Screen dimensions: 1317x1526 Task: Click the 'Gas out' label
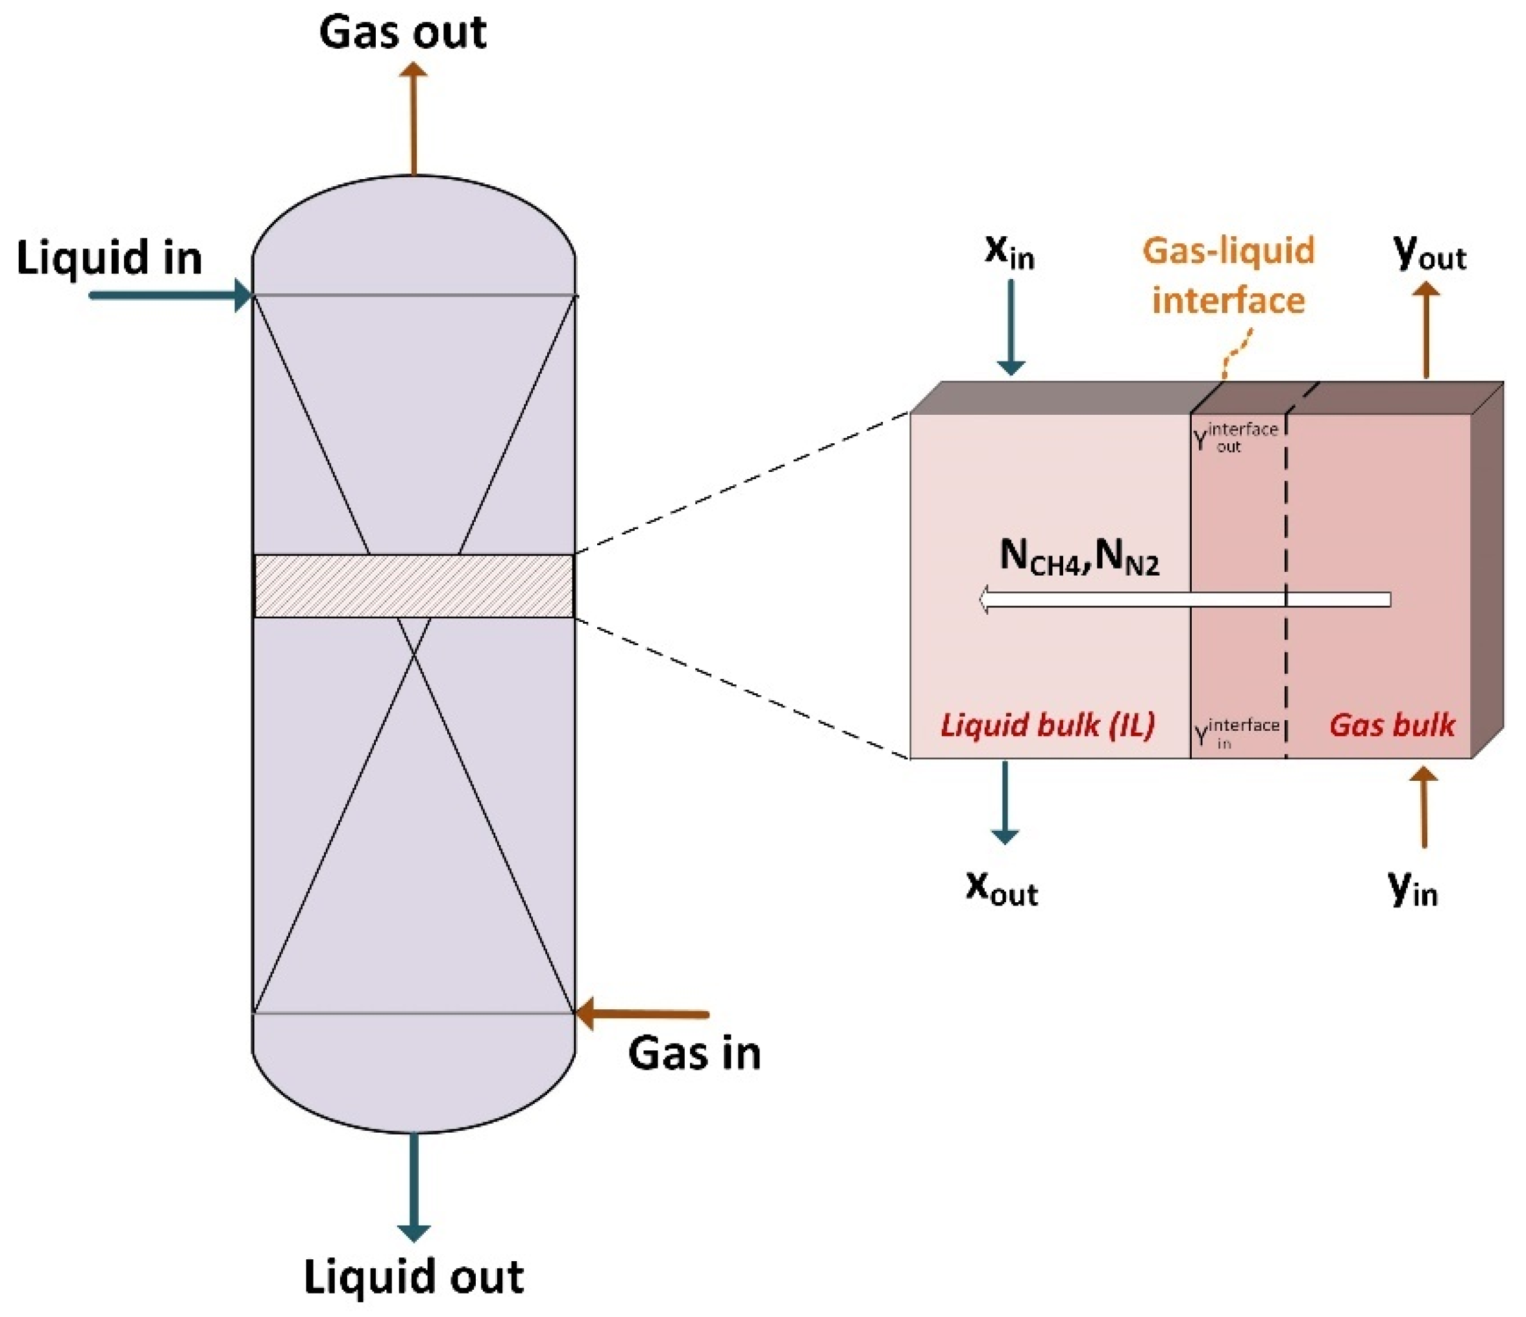tap(402, 33)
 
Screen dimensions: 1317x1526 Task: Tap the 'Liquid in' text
tap(109, 258)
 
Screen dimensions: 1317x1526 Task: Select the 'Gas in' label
tap(694, 1053)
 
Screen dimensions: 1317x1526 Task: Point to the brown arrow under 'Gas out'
tap(413, 118)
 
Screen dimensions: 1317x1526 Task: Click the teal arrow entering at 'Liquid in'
tap(169, 296)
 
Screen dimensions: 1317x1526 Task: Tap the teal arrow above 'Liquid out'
tap(414, 1186)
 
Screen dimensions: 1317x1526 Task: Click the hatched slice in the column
tap(413, 586)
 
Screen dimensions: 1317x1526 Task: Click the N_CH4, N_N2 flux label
tap(1079, 558)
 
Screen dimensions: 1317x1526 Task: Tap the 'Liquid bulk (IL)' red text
tap(1047, 726)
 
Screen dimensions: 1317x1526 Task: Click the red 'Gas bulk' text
tap(1391, 726)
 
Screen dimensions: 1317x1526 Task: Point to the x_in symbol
tap(1009, 252)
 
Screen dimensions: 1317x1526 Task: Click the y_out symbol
tap(1429, 254)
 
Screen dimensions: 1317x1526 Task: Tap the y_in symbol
tap(1412, 889)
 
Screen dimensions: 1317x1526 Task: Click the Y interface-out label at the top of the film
tap(1235, 437)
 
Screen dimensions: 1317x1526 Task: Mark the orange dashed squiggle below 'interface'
tap(1237, 353)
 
